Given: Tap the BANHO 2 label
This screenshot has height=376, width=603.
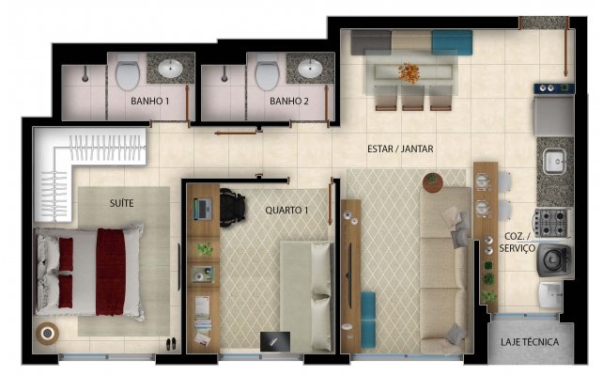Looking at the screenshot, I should [x=289, y=101].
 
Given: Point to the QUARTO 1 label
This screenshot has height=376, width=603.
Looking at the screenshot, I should [x=286, y=211].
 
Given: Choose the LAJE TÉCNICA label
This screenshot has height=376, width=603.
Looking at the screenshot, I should [x=530, y=342].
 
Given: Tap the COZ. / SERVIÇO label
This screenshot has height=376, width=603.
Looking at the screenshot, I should [x=518, y=243].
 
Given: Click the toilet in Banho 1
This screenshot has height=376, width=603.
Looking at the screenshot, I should [x=128, y=71].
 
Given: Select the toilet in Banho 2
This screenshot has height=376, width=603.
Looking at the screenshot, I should [x=268, y=71].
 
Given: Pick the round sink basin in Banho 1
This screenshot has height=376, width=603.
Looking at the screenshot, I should [x=171, y=68].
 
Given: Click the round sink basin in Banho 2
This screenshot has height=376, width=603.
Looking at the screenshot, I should [x=310, y=68].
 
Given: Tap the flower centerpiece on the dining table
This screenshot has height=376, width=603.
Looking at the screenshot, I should [x=409, y=71].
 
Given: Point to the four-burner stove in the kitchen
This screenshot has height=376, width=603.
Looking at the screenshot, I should [x=553, y=223].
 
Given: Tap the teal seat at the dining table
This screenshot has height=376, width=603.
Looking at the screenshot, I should [x=453, y=41].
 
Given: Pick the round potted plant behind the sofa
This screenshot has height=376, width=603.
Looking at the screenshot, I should [x=431, y=179].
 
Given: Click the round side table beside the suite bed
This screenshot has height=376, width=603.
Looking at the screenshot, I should [x=44, y=334].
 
